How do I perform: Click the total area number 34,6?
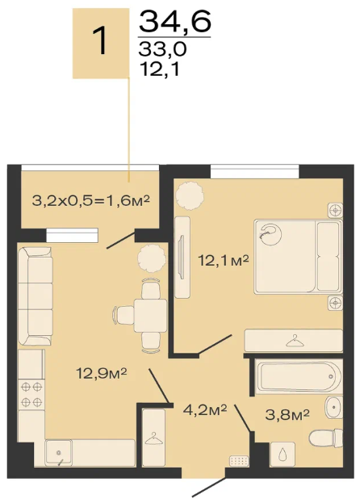coord(175,21)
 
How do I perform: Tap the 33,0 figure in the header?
coord(162,49)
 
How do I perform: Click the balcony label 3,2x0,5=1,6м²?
coord(90,201)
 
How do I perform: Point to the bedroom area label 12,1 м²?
coord(224,261)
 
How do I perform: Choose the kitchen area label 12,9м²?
coord(102,373)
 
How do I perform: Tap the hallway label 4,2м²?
coord(205,409)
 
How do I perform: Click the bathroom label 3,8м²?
coord(287,414)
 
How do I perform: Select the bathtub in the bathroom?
coord(299,376)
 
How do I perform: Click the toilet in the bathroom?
coord(325,438)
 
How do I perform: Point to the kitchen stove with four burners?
coord(31,395)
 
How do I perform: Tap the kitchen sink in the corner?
coord(58,452)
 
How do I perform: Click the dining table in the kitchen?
coord(150,316)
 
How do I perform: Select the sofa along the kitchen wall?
coord(36,296)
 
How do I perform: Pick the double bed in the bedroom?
coord(298,256)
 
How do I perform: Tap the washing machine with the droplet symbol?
coord(283,454)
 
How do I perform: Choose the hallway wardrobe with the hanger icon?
coord(153,438)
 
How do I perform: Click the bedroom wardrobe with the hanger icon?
coord(293,341)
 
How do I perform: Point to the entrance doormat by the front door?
coord(239,460)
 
